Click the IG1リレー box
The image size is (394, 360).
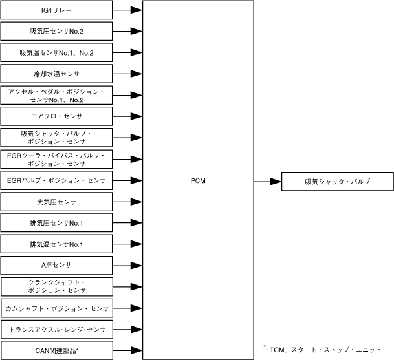(x=56, y=10)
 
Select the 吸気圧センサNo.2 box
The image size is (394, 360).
(x=56, y=31)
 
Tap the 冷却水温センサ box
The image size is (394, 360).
(x=56, y=74)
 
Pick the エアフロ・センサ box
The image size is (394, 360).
(x=56, y=116)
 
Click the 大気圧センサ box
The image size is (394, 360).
(x=56, y=202)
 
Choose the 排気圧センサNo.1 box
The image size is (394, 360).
(x=56, y=224)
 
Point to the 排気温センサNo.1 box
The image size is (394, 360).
(x=56, y=244)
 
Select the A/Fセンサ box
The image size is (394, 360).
(x=56, y=266)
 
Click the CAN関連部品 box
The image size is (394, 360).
(x=56, y=351)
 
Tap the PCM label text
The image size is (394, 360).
(x=199, y=180)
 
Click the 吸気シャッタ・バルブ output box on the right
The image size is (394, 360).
(x=337, y=182)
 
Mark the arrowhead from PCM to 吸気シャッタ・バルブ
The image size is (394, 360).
(x=276, y=182)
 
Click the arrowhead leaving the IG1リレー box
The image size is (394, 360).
(x=137, y=10)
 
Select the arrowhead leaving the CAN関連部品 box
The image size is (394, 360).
(x=137, y=351)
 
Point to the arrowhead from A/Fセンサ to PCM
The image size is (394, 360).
(x=137, y=266)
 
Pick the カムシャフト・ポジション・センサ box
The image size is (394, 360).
(x=56, y=308)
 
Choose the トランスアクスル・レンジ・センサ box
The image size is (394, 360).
(x=56, y=330)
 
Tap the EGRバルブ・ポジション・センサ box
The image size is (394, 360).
(x=56, y=180)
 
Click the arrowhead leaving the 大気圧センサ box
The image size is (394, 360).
(x=137, y=202)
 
